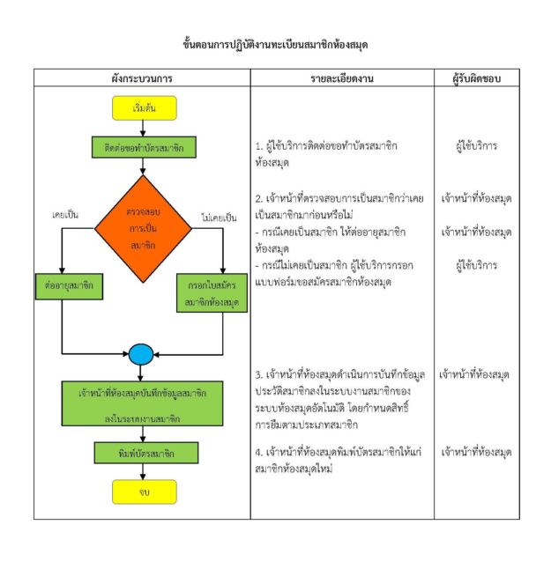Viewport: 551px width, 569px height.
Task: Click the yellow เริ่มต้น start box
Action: click(x=145, y=108)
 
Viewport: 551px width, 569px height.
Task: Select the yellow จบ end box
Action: click(x=145, y=492)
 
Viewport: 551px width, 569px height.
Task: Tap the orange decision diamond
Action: click(x=143, y=229)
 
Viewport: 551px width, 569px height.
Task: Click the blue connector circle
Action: click(x=141, y=354)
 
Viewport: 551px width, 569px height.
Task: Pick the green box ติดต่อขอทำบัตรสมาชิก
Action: click(x=144, y=147)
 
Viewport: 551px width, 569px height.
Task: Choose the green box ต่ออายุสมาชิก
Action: click(x=69, y=286)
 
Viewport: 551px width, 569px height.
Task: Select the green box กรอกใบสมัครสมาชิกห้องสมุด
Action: click(x=212, y=292)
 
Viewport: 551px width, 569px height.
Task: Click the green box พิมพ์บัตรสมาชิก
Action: click(x=146, y=453)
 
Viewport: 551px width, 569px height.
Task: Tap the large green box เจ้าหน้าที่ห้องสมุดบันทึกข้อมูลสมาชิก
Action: click(x=143, y=403)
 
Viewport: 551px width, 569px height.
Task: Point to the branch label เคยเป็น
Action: click(x=65, y=215)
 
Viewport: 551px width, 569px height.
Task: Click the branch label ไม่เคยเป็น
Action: click(x=219, y=218)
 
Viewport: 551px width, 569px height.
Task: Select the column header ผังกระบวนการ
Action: click(x=142, y=78)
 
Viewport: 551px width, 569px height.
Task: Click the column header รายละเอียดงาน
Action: click(x=342, y=78)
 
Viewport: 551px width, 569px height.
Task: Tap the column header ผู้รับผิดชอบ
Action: click(x=477, y=78)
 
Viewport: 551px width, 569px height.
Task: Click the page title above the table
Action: click(x=275, y=45)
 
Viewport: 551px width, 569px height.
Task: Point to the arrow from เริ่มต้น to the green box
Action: click(x=143, y=129)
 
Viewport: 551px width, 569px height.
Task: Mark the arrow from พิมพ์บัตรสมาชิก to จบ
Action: click(x=143, y=472)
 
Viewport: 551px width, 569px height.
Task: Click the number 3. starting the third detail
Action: click(x=258, y=375)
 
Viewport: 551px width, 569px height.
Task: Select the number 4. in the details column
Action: click(x=258, y=453)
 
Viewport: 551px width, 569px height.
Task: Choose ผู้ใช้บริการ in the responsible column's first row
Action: click(x=477, y=146)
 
